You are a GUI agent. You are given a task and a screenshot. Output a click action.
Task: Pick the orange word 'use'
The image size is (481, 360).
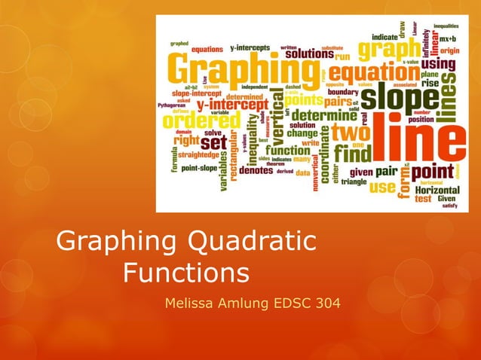[x=381, y=186]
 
